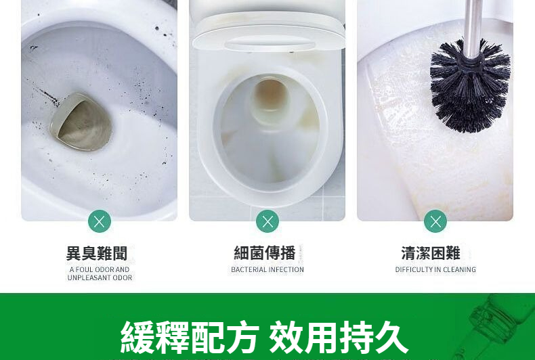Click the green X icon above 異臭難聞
(100, 221)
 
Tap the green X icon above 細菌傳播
(267, 221)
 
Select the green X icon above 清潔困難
(435, 221)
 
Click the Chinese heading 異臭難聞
(97, 253)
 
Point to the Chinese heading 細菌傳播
(265, 253)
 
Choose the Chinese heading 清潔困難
(431, 253)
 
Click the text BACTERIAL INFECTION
(267, 269)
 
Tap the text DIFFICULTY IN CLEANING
(435, 269)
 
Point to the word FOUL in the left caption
(84, 269)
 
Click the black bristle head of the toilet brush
(470, 87)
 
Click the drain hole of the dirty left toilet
(82, 122)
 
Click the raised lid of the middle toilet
(269, 32)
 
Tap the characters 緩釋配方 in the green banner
(189, 337)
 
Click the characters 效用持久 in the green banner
(339, 337)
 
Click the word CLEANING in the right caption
(459, 269)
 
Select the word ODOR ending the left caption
(123, 278)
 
